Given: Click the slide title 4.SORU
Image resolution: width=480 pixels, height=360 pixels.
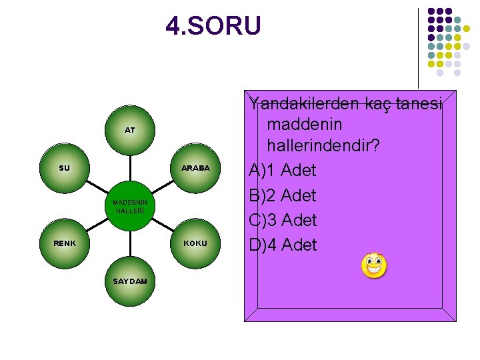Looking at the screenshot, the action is click(213, 27).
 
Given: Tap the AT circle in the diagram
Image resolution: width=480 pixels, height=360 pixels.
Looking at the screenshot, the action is click(130, 130).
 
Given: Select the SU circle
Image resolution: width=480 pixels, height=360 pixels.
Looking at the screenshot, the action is click(65, 168).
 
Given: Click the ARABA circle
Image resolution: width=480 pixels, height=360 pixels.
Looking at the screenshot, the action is click(195, 168).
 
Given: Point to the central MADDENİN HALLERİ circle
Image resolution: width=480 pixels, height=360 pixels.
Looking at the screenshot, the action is click(130, 205).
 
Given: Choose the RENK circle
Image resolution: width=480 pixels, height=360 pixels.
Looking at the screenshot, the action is click(65, 243).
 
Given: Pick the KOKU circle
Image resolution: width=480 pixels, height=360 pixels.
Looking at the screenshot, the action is click(195, 243).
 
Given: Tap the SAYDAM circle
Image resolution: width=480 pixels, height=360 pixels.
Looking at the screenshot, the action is click(130, 281).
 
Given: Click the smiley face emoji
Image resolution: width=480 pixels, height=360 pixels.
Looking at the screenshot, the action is click(374, 266).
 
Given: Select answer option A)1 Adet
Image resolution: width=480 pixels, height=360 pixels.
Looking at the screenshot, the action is click(283, 170).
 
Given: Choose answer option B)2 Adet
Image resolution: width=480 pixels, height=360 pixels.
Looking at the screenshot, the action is click(283, 195).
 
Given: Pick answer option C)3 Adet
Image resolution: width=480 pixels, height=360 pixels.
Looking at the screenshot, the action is click(283, 220).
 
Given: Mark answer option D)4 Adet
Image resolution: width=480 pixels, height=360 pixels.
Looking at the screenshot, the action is click(283, 245).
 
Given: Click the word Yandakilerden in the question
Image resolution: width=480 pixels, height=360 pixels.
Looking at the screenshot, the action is click(305, 103).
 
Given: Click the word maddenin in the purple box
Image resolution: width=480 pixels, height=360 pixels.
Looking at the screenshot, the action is click(304, 124).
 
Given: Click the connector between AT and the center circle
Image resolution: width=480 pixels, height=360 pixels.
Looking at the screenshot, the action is click(130, 167).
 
